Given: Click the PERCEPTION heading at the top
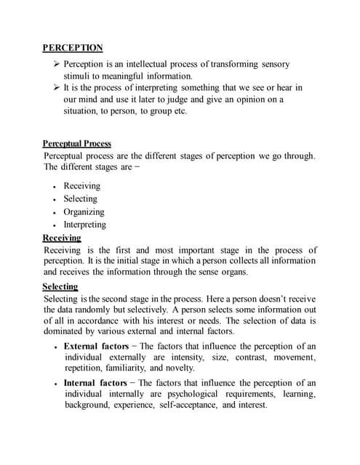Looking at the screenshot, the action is pos(72,48).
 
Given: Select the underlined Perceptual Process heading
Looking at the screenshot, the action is pos(76,144).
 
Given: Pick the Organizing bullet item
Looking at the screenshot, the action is pos(84,212).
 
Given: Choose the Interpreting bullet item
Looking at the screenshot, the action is pos(84,225).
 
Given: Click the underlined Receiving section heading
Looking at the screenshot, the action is pos(62,238).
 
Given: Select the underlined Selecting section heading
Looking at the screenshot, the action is pos(60,286).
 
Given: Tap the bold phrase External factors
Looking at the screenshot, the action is pos(96,346).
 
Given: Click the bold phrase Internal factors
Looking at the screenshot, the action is pos(95,382).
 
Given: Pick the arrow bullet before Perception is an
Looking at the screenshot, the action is pos(49,62).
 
